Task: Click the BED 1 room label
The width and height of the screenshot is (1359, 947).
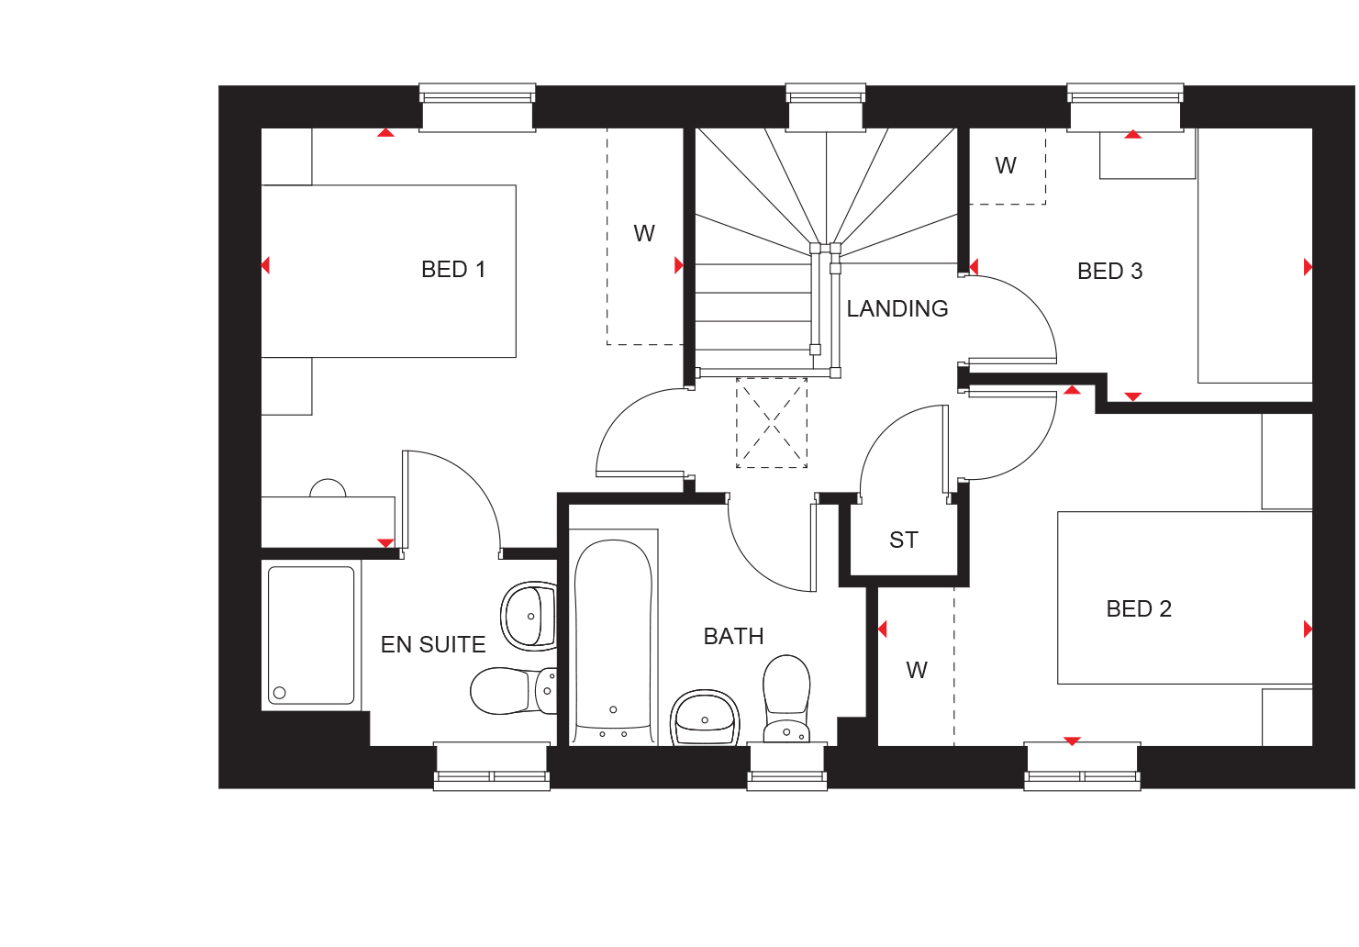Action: [x=453, y=270]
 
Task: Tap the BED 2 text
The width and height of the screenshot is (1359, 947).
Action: [x=1139, y=608]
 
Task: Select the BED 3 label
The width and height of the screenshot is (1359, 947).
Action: [x=1109, y=272]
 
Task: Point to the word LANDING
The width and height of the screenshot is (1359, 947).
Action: [x=897, y=309]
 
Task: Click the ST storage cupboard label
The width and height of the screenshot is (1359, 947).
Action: [x=903, y=540]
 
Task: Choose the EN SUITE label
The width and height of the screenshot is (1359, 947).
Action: [x=433, y=644]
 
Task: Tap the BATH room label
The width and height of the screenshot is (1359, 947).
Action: [x=733, y=637]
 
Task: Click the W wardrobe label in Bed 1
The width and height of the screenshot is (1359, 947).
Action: [x=644, y=234]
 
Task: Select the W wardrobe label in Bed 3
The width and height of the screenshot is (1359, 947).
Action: [x=1006, y=165]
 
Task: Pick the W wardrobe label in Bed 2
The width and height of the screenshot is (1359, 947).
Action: [x=917, y=671]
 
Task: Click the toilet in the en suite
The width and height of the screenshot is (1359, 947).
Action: [x=513, y=690]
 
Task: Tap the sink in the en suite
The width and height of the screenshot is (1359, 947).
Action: [x=529, y=616]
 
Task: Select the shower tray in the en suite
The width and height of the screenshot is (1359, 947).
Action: [x=311, y=636]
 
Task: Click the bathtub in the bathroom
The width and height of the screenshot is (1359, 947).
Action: [x=613, y=637]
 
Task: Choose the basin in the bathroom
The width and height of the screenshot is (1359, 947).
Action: [x=705, y=718]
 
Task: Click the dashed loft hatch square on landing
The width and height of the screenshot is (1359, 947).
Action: [x=772, y=423]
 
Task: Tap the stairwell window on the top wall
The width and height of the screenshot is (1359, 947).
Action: [x=826, y=107]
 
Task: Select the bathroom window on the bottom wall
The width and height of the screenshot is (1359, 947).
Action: [x=787, y=766]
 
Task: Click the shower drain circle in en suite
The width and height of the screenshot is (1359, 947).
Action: [x=280, y=693]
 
